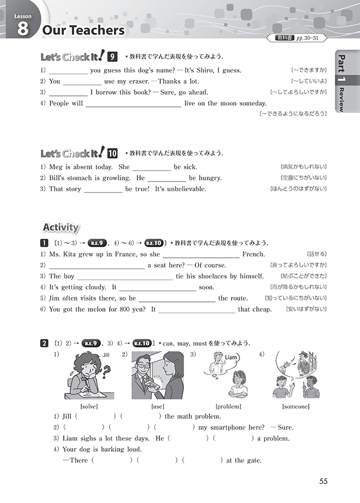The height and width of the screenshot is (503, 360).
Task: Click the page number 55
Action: point(324,481)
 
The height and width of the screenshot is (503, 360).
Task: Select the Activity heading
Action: point(61,227)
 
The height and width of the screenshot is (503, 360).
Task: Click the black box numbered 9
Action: point(112,57)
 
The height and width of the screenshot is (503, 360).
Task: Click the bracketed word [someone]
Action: point(296,406)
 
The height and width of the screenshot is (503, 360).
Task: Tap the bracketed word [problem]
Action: point(229,406)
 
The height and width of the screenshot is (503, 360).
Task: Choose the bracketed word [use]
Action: point(157,406)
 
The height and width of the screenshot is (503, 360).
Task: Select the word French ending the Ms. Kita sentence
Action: point(254,254)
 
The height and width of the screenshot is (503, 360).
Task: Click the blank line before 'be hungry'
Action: point(167,179)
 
